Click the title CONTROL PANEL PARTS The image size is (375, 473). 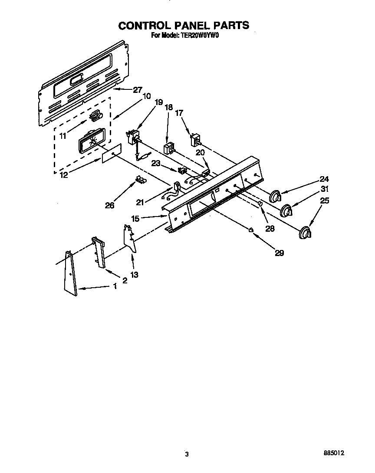click(x=184, y=26)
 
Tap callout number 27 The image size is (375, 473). click(x=137, y=90)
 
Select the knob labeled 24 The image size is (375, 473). click(x=275, y=197)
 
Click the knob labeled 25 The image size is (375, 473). click(x=305, y=233)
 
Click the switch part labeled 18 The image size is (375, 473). click(x=168, y=149)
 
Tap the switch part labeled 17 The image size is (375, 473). click(x=195, y=140)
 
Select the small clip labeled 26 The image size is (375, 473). click(x=140, y=179)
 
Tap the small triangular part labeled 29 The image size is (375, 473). click(x=251, y=230)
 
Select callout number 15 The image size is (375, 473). click(x=135, y=219)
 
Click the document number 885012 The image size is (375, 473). click(x=333, y=452)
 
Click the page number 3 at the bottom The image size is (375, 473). click(x=187, y=454)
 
